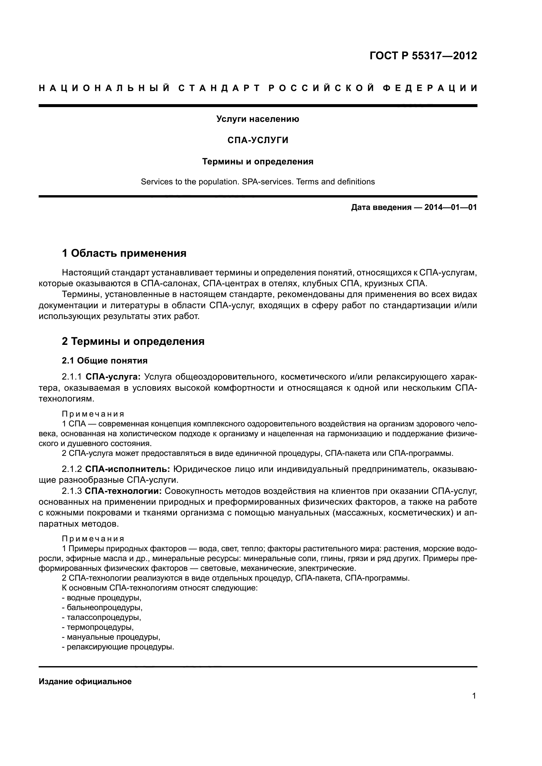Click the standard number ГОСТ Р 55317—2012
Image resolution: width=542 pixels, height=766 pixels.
pyautogui.click(x=423, y=56)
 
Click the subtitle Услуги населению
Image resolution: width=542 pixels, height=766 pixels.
pyautogui.click(x=258, y=119)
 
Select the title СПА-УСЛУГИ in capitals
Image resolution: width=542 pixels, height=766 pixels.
pyautogui.click(x=258, y=140)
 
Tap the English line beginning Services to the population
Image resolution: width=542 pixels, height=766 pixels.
pyautogui.click(x=258, y=182)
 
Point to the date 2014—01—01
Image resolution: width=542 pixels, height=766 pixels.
pyautogui.click(x=450, y=208)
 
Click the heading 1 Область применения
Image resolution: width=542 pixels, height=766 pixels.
pyautogui.click(x=124, y=253)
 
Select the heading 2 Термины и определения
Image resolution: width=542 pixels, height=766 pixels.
pyautogui.click(x=133, y=342)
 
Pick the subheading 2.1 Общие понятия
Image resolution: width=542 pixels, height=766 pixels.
pyautogui.click(x=105, y=361)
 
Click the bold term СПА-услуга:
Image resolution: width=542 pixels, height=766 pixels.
pyautogui.click(x=113, y=377)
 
